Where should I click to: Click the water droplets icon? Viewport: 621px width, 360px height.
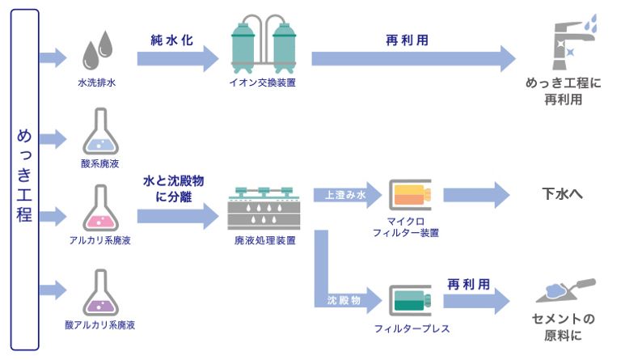tap(99, 51)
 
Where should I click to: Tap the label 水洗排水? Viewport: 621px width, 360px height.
tap(97, 83)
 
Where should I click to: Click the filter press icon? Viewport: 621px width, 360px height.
tap(411, 299)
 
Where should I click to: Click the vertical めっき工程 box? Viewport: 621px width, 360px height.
tap(25, 180)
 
